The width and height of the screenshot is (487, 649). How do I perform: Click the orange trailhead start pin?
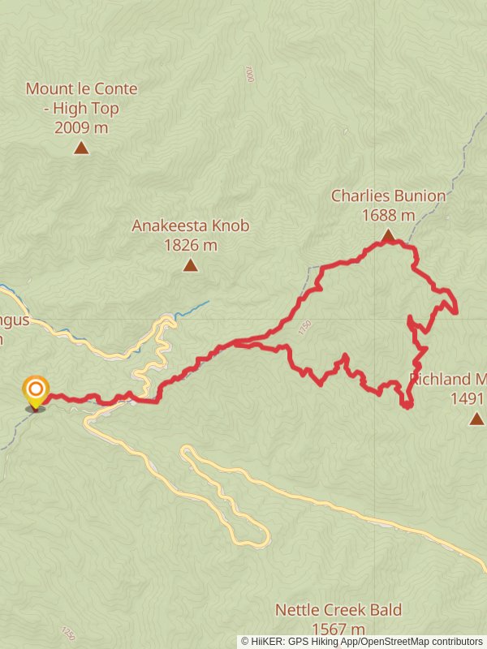click(x=36, y=391)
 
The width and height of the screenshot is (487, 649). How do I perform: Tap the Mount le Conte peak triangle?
click(x=81, y=148)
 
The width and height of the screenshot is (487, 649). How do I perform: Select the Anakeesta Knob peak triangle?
click(x=190, y=265)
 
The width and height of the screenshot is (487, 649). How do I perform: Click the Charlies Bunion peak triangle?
click(x=388, y=235)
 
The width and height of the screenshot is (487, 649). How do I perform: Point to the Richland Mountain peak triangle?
click(x=476, y=419)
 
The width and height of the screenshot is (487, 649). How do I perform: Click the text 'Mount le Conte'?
click(x=81, y=88)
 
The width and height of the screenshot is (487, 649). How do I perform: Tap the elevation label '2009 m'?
click(x=81, y=127)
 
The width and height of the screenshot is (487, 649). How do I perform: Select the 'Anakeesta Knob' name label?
click(x=190, y=226)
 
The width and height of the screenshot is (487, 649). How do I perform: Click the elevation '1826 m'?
click(x=190, y=244)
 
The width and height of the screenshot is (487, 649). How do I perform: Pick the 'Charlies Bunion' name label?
click(x=388, y=196)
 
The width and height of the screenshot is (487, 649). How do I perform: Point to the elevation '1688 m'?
click(x=388, y=215)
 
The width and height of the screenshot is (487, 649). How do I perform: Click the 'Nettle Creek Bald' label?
click(x=338, y=610)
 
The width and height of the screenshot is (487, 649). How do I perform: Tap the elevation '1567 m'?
click(x=338, y=629)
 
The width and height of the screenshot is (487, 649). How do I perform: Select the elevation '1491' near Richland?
click(x=467, y=398)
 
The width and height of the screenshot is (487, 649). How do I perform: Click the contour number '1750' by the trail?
click(x=304, y=328)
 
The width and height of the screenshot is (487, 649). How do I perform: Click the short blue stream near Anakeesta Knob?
click(x=193, y=307)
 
